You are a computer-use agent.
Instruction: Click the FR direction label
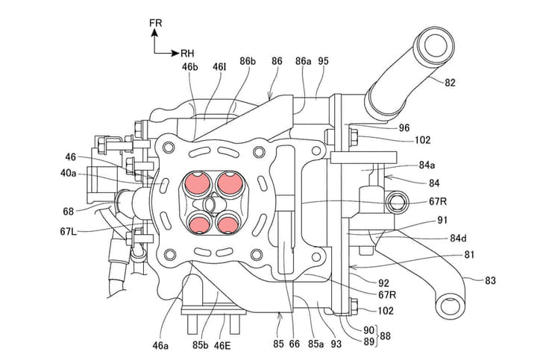pos(155,23)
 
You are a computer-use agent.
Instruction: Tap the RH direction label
pos(187,54)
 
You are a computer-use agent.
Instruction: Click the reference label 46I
pos(219,67)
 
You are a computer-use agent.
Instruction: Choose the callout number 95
pos(323,61)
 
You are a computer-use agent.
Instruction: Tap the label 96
pos(404,127)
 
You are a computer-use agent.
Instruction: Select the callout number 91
pos(442,220)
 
